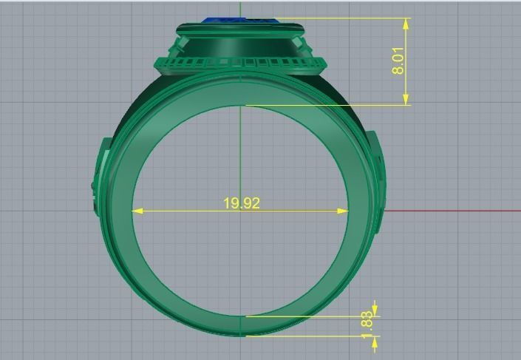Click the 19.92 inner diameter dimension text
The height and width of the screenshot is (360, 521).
click(x=242, y=203)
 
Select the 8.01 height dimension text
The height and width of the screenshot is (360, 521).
click(x=398, y=61)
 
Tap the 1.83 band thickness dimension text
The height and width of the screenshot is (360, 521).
click(x=367, y=326)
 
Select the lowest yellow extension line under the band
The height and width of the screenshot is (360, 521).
click(x=310, y=336)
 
